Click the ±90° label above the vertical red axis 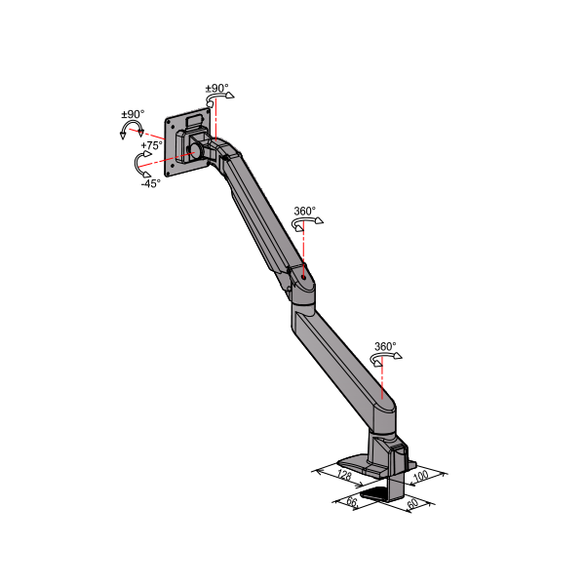point(216,89)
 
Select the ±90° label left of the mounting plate point(133,114)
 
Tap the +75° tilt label point(152,145)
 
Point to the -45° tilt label point(151,183)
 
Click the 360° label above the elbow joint point(305,212)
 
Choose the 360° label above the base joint point(385,346)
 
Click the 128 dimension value point(344,475)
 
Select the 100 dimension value point(421,476)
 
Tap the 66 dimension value point(352,501)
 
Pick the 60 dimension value point(412,503)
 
